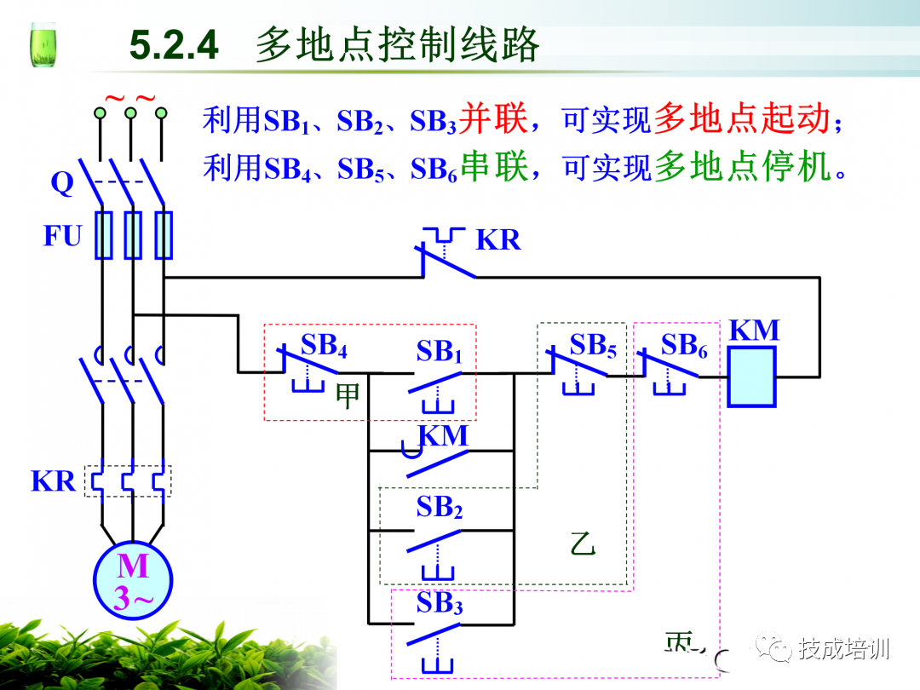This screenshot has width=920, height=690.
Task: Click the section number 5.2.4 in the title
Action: [174, 44]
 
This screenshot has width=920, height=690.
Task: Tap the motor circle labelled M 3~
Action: [133, 583]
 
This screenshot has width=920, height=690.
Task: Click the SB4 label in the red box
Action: [324, 346]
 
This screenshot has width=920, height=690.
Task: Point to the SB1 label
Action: [439, 351]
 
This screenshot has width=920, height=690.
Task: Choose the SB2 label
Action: [439, 508]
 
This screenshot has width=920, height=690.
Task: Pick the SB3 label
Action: [439, 604]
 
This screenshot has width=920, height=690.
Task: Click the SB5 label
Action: [593, 345]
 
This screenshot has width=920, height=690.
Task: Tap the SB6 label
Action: [684, 345]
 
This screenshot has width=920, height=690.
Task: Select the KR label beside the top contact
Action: [497, 240]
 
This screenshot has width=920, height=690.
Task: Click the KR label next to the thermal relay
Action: [54, 481]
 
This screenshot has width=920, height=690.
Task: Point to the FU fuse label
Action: [62, 235]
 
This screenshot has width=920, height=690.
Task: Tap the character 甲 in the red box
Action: [348, 396]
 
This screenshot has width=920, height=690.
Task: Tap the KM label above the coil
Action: [754, 331]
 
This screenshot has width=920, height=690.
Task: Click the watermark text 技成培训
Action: [843, 649]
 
